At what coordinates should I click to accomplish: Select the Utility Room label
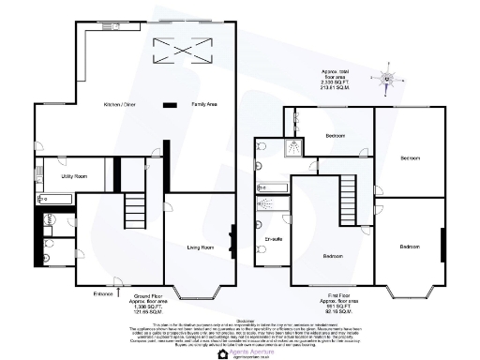[74, 175]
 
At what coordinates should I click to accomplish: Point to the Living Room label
[201, 247]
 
